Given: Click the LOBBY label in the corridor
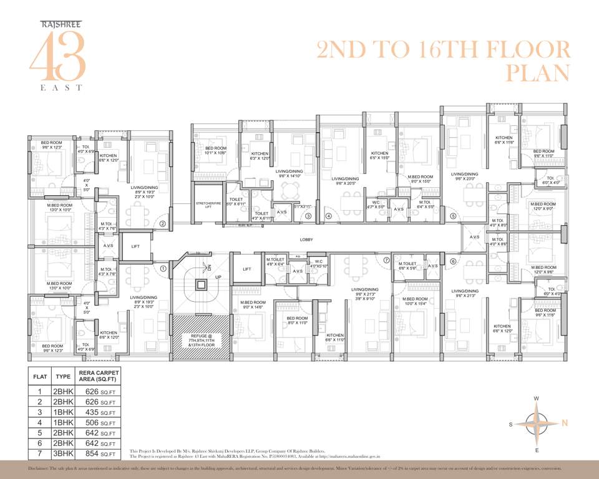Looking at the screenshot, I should point(306,239).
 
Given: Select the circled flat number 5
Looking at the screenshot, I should point(453,216).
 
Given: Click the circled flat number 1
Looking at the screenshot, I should point(163,269).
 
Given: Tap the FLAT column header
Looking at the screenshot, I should point(40,377).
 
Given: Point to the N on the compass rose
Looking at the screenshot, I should point(565,423).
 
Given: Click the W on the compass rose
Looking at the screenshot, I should point(536,399).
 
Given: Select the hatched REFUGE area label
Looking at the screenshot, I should point(198,340).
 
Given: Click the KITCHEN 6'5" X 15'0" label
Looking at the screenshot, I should point(379,156).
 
